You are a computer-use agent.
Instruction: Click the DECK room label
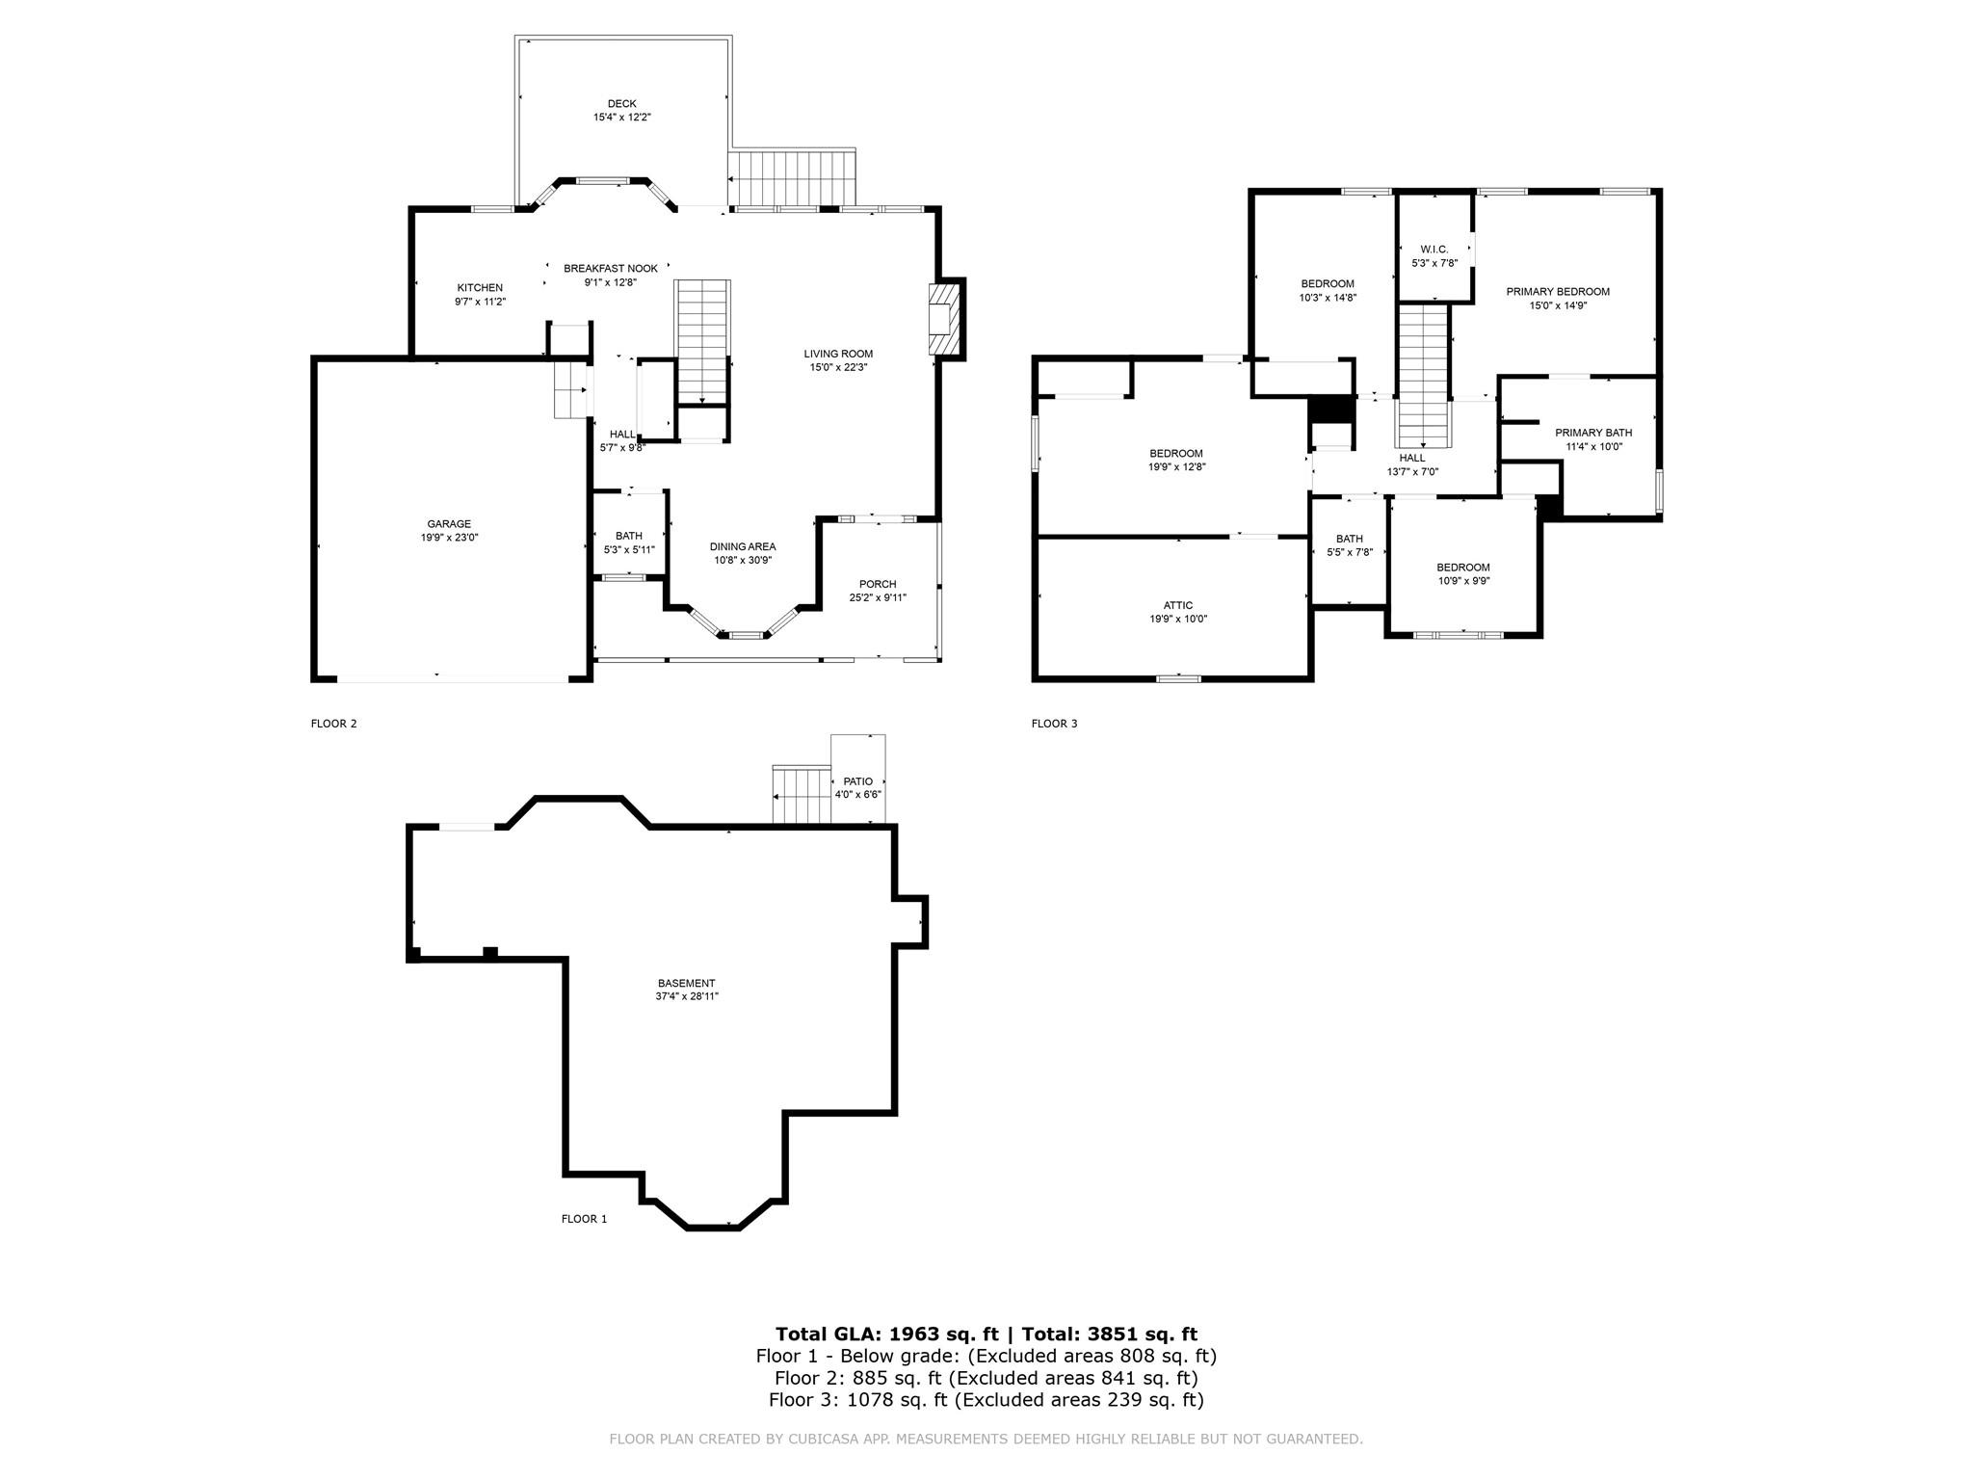pos(621,104)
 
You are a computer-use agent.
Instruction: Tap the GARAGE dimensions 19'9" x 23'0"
pos(449,538)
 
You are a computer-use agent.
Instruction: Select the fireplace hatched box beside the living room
pos(945,320)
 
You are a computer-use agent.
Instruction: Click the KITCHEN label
pos(480,288)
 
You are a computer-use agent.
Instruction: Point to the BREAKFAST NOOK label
pos(611,269)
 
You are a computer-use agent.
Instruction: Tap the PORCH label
pos(878,584)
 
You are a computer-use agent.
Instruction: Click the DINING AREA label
pos(743,547)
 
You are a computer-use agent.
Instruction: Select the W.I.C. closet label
pos(1434,250)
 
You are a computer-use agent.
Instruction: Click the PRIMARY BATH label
pos(1593,433)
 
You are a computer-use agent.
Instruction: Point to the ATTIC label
pos(1178,606)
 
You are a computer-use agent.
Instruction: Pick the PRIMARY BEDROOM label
pos(1558,292)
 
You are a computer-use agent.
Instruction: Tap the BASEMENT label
pos(687,984)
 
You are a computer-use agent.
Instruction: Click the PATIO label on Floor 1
pos(858,781)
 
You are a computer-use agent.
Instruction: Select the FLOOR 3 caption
pos(1055,724)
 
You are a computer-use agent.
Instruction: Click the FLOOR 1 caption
pos(585,1219)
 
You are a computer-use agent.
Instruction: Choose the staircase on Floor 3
pos(1424,376)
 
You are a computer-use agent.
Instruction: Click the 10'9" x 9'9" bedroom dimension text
pos(1463,581)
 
